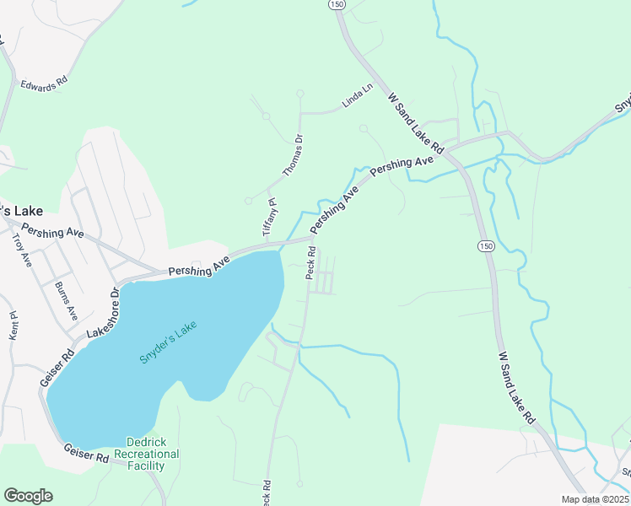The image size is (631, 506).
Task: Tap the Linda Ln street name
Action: [x=356, y=98]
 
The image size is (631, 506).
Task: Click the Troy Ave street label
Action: [x=21, y=250]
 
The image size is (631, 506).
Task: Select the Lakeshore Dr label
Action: [x=104, y=312]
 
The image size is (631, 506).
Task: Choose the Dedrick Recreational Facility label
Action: [x=153, y=454]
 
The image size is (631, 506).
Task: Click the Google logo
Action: [x=28, y=495]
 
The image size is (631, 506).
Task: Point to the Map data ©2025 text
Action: [x=596, y=499]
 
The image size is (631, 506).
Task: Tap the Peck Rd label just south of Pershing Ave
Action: [x=310, y=263]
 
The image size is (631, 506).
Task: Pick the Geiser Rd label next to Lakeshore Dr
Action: [x=52, y=368]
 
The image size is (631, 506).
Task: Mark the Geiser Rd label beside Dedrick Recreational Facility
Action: [x=86, y=453]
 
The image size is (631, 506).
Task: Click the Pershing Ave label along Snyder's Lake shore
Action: [x=199, y=267]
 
